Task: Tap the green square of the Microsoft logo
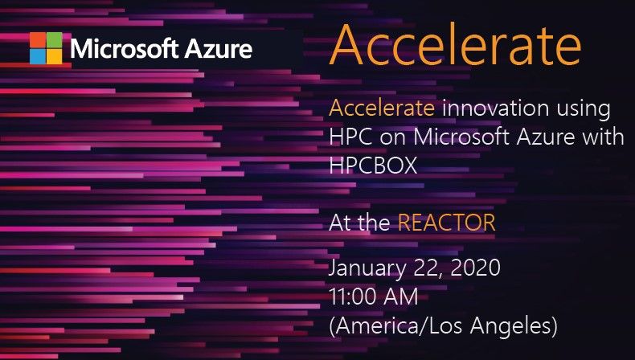[x=53, y=40]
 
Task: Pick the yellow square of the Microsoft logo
[x=53, y=56]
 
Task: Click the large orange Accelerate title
[x=455, y=45]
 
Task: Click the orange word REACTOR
[x=447, y=223]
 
